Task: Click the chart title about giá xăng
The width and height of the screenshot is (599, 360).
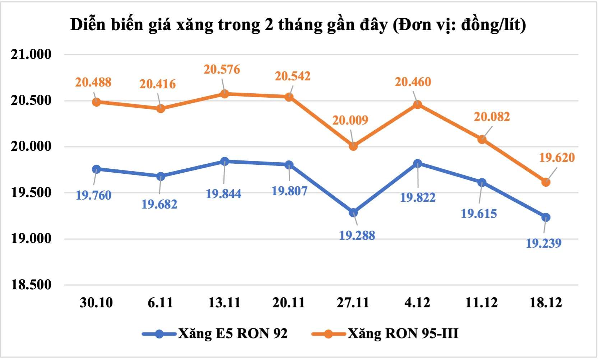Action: pos(298,25)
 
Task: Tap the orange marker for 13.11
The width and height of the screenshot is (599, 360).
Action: pos(224,94)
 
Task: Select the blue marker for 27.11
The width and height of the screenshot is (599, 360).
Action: pos(353,213)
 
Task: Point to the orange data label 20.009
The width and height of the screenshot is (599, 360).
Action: pos(350,120)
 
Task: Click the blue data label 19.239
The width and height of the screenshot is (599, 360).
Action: pos(543,243)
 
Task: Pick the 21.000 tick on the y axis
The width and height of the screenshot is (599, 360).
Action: pos(31,55)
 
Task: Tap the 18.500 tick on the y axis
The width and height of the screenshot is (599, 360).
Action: pos(31,285)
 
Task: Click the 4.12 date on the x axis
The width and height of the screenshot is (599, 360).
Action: pos(417,303)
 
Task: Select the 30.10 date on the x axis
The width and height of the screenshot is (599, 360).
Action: pos(96,303)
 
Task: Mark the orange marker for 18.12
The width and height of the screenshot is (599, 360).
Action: pos(545,182)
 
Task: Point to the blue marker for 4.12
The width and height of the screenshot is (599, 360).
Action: pos(417,164)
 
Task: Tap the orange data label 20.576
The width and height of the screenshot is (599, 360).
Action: pos(222,69)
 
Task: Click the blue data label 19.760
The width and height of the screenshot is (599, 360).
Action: pos(93,196)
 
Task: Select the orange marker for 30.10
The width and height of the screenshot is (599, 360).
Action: pos(96,102)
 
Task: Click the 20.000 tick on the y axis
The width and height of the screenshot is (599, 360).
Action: pos(31,146)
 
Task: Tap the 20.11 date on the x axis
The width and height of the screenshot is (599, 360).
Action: pos(289,303)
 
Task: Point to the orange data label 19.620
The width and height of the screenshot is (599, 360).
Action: pos(557,158)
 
